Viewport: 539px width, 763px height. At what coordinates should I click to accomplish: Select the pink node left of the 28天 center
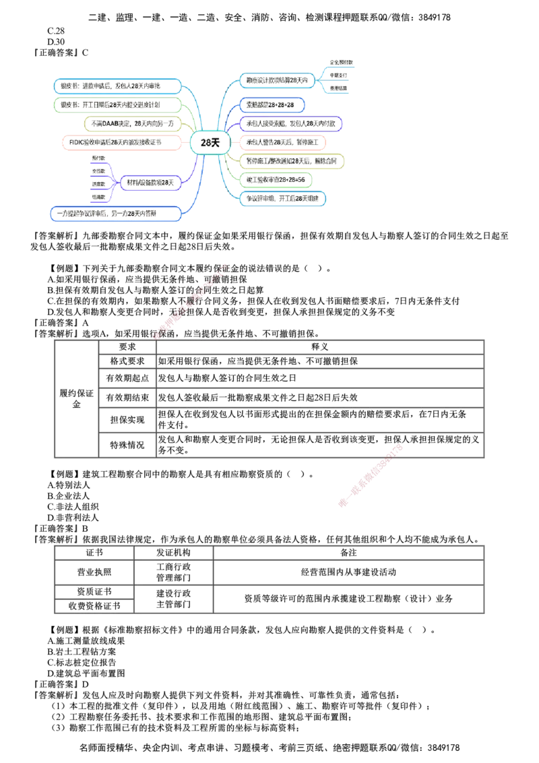pos(121,142)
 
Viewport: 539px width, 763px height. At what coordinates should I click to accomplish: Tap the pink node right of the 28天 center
pos(284,142)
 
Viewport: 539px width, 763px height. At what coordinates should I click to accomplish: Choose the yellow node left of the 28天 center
pos(131,123)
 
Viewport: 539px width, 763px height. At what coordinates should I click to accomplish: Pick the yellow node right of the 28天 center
pos(292,161)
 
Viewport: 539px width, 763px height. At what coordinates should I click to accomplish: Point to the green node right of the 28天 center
pos(276,179)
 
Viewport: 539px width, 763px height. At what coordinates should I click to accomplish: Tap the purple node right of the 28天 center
pos(292,123)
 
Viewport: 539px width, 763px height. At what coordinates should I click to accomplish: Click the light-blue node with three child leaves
pos(278,80)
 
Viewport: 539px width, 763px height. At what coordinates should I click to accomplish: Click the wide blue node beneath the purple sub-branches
pos(117,214)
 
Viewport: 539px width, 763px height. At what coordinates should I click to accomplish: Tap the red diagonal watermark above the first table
pos(192,299)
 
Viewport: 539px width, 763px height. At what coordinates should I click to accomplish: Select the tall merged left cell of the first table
pos(77,399)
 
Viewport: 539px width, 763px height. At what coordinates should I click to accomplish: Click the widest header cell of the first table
pos(319,346)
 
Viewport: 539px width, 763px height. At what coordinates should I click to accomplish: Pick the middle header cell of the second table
pos(174,553)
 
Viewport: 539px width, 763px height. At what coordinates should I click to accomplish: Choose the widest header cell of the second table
pos(348,553)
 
